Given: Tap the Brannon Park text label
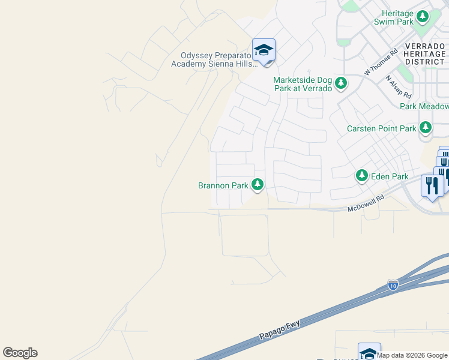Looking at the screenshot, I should pyautogui.click(x=223, y=186).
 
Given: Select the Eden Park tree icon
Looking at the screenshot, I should pyautogui.click(x=362, y=175).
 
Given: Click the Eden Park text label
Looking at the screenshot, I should pyautogui.click(x=390, y=176).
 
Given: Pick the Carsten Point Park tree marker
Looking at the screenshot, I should pyautogui.click(x=426, y=127).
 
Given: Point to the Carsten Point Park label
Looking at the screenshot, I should pyautogui.click(x=382, y=128).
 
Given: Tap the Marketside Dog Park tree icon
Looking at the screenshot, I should pyautogui.click(x=341, y=83).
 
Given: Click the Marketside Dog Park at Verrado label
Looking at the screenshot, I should pyautogui.click(x=303, y=84).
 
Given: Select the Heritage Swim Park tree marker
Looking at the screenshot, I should pyautogui.click(x=423, y=16).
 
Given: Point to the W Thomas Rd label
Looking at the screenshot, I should pyautogui.click(x=381, y=62).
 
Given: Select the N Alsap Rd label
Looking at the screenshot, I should pyautogui.click(x=399, y=87).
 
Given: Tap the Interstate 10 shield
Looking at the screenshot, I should pyautogui.click(x=393, y=284).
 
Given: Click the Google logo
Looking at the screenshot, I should pyautogui.click(x=20, y=353).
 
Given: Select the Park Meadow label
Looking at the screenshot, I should pyautogui.click(x=424, y=106).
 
